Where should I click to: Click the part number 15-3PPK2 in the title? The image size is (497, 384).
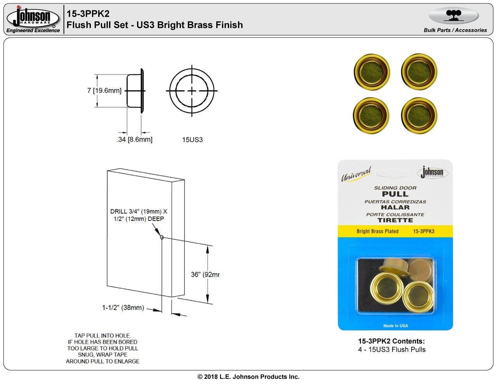[88, 14]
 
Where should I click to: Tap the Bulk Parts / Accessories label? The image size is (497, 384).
[455, 30]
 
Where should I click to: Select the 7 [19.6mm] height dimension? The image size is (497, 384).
[104, 90]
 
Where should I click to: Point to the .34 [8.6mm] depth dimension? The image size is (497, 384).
[134, 139]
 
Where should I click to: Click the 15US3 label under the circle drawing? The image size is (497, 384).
[192, 140]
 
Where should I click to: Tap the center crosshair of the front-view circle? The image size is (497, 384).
[192, 91]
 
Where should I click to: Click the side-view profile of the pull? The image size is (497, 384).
[136, 90]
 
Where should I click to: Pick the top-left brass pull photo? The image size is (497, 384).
[372, 71]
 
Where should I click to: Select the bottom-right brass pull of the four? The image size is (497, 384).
[419, 115]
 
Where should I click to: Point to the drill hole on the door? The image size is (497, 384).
[162, 238]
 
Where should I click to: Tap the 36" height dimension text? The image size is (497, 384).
[205, 275]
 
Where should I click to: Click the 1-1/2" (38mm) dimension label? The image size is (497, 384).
[123, 308]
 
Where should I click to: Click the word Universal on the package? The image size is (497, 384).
[356, 174]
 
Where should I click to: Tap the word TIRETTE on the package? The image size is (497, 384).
[395, 220]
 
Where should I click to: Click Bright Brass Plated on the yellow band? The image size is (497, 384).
[377, 231]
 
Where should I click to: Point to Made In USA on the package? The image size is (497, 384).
[395, 326]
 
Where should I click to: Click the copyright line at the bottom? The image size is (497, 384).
[248, 377]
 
